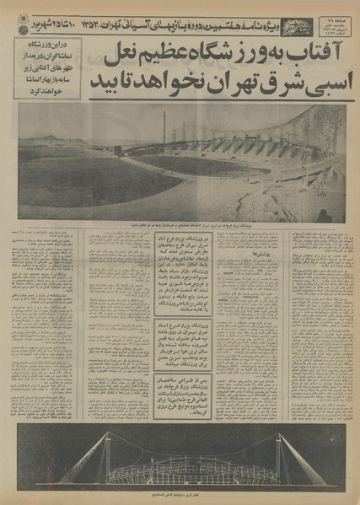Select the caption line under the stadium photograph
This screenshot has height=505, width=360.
point(181,228)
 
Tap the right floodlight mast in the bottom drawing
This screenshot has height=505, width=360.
point(278,455)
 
